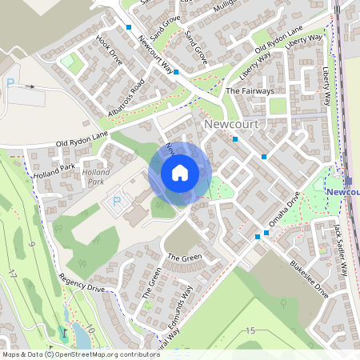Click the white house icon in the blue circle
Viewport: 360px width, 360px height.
point(180,173)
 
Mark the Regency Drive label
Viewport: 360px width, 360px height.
point(82,285)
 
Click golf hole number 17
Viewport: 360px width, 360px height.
point(12,273)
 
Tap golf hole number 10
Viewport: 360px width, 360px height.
point(90,328)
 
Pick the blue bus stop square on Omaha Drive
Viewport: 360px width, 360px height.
point(267,234)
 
